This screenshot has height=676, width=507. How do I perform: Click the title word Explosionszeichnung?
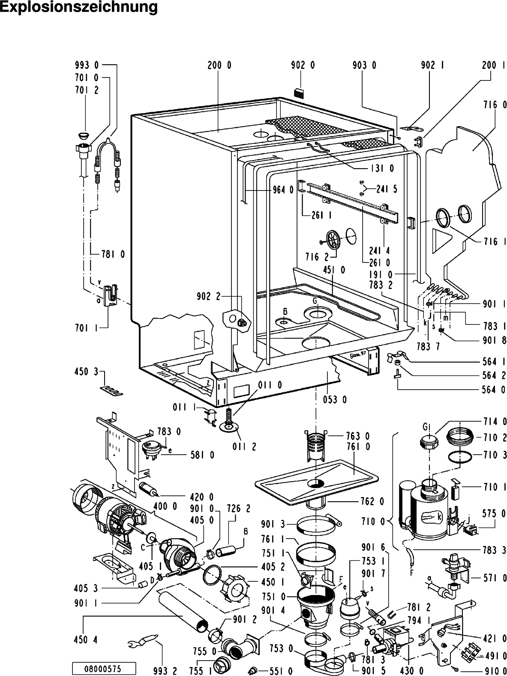[79, 8]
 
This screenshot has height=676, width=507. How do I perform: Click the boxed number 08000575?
[104, 668]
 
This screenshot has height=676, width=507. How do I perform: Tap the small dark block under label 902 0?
[299, 92]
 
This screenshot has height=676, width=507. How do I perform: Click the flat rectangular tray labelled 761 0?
[317, 479]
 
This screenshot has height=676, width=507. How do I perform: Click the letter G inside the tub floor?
[315, 301]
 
